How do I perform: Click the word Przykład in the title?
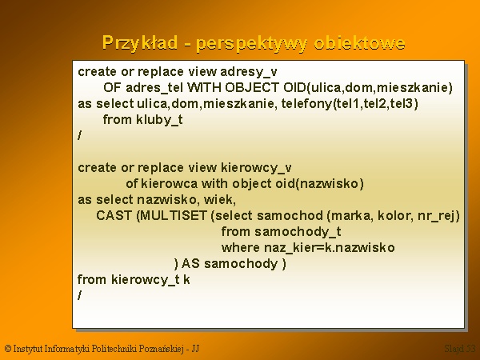tap(139, 43)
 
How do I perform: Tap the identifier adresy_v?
tap(249, 72)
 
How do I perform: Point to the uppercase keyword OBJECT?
tap(252, 88)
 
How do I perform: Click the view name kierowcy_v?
tap(256, 168)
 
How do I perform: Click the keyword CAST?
tap(114, 216)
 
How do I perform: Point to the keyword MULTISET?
tap(174, 216)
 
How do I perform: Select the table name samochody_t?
tap(298, 232)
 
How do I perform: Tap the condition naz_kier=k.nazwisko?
tap(330, 248)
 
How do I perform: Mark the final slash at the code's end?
tap(79, 295)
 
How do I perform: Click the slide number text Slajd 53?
tap(460, 348)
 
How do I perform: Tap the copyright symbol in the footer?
tap(8, 349)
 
